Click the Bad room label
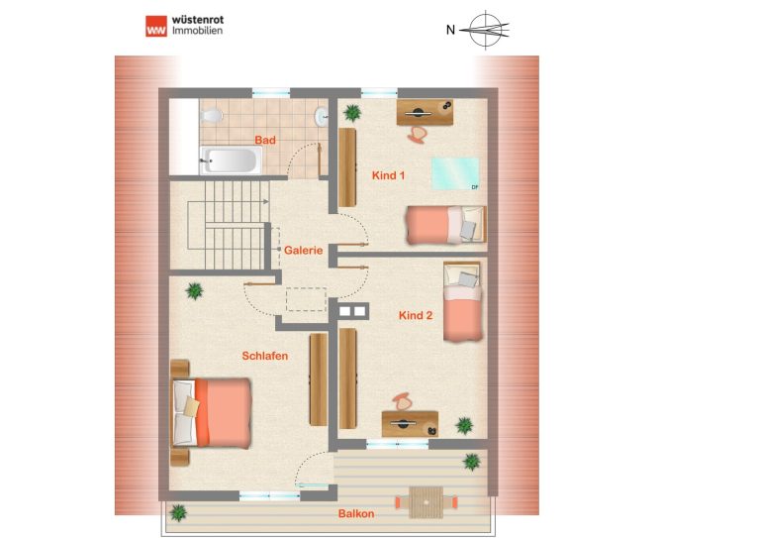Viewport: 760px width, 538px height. click(265, 141)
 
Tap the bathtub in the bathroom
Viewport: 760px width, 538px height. click(232, 160)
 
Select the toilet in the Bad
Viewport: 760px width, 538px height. click(212, 116)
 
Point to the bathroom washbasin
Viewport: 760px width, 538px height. click(322, 117)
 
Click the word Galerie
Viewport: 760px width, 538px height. click(304, 251)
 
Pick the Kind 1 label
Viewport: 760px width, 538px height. click(388, 175)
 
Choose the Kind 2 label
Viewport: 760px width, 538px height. click(416, 315)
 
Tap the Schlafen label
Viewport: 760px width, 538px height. click(265, 356)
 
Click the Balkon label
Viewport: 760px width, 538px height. click(356, 513)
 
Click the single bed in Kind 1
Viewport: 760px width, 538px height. click(446, 225)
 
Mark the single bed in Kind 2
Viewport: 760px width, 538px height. click(462, 301)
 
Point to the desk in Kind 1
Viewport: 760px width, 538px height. click(426, 113)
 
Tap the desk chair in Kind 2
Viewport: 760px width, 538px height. click(401, 401)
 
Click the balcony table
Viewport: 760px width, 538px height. click(427, 502)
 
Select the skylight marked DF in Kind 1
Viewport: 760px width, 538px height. click(455, 173)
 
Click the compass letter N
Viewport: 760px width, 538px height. click(451, 30)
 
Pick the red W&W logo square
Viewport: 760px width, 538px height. click(156, 26)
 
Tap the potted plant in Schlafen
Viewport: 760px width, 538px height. click(194, 291)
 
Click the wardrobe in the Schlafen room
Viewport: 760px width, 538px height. click(319, 379)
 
